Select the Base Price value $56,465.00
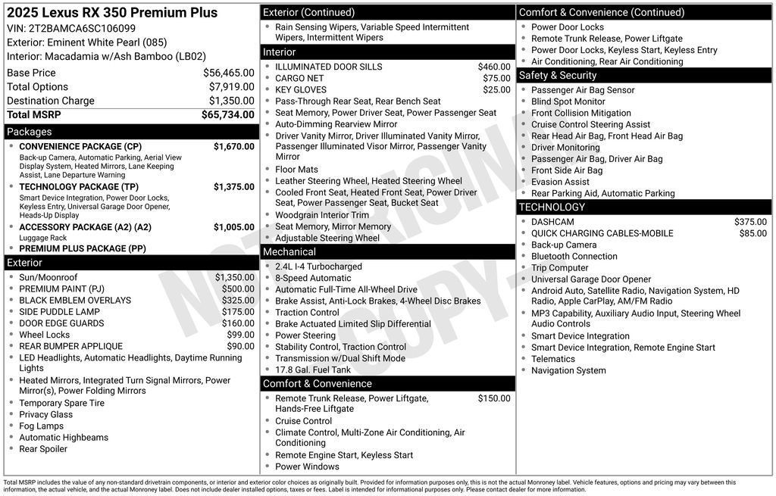[x=228, y=73]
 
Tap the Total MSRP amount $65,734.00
[x=227, y=115]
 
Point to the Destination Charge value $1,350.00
[x=231, y=101]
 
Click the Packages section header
[x=30, y=132]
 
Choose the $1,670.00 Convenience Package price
[x=233, y=146]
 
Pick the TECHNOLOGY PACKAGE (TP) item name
[x=79, y=186]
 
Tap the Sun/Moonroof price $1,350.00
[x=234, y=277]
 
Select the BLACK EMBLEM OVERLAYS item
[x=75, y=301]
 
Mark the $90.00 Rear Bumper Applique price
[x=240, y=346]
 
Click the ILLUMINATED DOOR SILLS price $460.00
[x=494, y=67]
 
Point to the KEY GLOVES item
[x=301, y=89]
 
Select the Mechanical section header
[x=289, y=251]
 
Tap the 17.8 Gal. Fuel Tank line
[x=313, y=370]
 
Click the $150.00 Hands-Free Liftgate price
[x=494, y=398]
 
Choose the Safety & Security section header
[x=558, y=76]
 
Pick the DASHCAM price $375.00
[x=750, y=222]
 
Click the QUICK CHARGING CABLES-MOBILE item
[x=602, y=233]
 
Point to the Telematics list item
[x=553, y=359]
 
